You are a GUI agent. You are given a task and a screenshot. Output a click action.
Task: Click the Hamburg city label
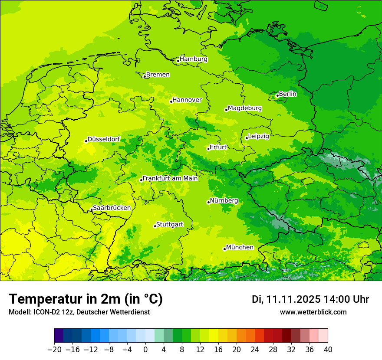tap(194, 59)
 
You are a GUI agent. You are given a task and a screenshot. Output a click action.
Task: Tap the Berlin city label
tap(287, 94)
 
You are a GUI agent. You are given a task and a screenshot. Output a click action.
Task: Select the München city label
tap(240, 247)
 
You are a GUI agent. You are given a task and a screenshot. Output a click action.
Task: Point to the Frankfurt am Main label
tap(170, 178)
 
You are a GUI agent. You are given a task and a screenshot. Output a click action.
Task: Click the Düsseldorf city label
tap(104, 140)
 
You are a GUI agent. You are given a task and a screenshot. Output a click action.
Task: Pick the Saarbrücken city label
tap(112, 208)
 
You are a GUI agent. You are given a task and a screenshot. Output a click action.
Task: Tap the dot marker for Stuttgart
tap(155, 226)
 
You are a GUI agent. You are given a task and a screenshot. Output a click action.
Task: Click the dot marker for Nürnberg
tap(208, 202)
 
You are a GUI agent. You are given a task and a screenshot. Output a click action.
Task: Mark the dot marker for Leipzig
tap(247, 138)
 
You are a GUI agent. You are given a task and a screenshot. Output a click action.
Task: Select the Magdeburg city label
tap(245, 108)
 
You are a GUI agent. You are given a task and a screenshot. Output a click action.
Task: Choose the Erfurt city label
tap(218, 147)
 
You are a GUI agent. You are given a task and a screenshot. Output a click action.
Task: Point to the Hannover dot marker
tap(171, 101)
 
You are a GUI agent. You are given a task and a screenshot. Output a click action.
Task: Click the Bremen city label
tap(158, 75)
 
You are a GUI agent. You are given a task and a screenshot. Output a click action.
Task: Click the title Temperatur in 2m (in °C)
tap(86, 299)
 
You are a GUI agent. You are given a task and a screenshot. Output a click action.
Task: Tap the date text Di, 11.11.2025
tap(286, 299)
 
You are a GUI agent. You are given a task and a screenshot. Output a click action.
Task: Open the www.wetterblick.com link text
tap(313, 312)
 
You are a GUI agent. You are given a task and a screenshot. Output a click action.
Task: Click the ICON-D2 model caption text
tap(79, 312)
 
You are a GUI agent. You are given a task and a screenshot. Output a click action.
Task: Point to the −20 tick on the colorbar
tap(54, 350)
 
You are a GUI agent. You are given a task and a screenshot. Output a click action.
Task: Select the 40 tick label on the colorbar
tap(328, 350)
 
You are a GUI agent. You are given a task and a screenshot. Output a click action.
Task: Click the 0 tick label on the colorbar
tap(145, 350)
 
